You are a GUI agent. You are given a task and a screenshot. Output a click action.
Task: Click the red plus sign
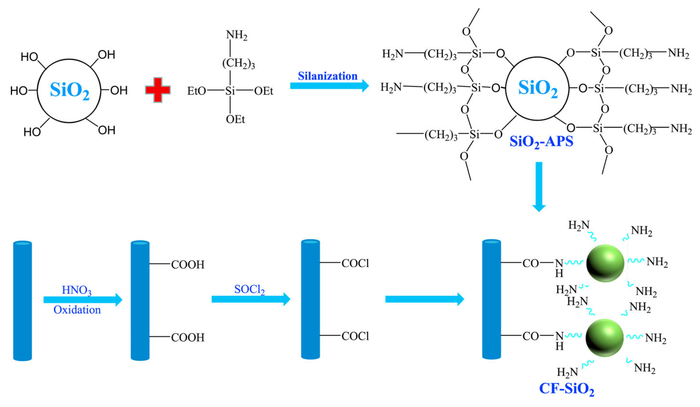point(158,90)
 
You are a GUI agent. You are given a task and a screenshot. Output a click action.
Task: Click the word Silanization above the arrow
point(328,76)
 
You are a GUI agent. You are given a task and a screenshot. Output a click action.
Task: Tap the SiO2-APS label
point(541,142)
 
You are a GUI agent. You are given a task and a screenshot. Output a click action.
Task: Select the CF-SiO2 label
point(566,389)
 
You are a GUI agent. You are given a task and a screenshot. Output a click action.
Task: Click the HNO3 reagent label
point(76,290)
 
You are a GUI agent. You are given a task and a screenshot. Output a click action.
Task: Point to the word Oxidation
point(77,310)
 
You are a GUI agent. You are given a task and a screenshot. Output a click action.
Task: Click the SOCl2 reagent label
point(249,290)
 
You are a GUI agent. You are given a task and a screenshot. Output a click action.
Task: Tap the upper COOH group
point(188,265)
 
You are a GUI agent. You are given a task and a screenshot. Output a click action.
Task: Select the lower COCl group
point(355,336)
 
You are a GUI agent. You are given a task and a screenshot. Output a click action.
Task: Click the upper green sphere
point(605,263)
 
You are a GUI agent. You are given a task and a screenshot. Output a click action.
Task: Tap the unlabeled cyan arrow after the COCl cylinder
point(425,299)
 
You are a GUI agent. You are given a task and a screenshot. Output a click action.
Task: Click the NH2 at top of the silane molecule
point(236,35)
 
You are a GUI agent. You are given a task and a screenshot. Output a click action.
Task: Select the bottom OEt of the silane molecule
point(235,119)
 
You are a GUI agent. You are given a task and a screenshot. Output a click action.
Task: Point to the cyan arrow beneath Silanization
point(329,86)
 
